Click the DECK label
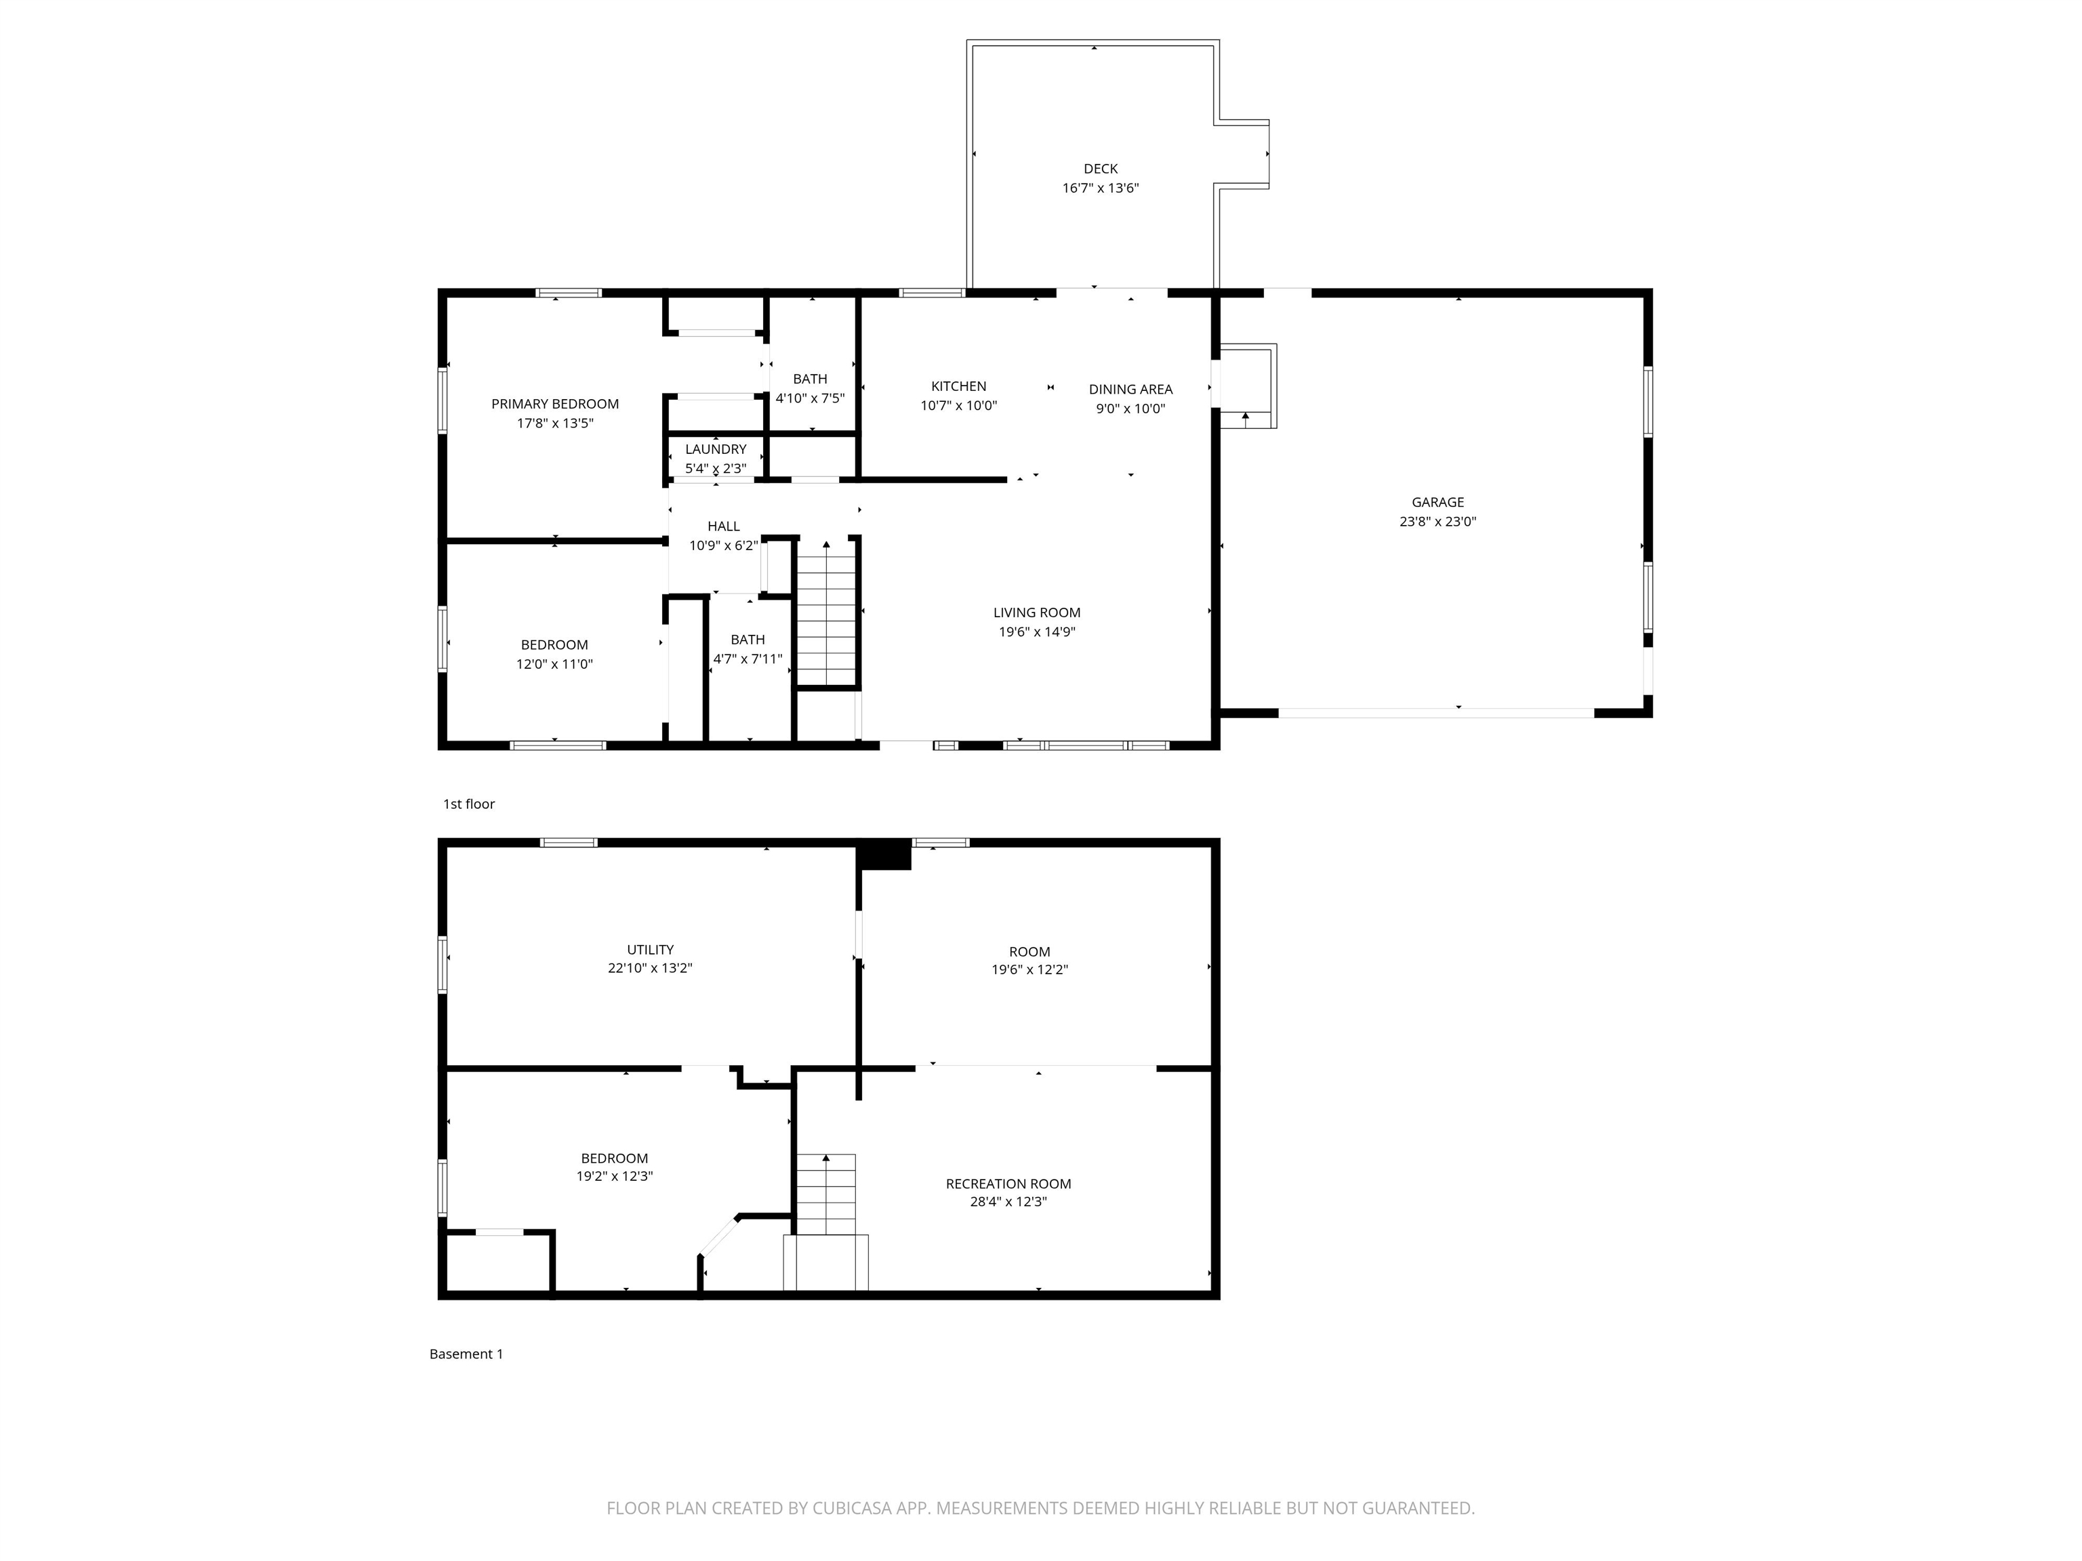[1100, 169]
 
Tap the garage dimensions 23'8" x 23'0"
[1437, 521]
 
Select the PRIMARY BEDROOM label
[554, 404]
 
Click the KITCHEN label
[958, 386]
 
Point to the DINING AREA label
[1130, 389]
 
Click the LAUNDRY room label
[715, 449]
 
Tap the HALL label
[723, 526]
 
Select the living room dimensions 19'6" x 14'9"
[1036, 631]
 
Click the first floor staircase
[826, 617]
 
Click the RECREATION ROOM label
[1008, 1184]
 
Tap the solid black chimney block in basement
[884, 854]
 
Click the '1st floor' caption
[469, 804]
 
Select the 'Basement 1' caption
[466, 1354]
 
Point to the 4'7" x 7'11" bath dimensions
[748, 659]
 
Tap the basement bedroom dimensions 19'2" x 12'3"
[613, 1176]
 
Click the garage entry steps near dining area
[1247, 387]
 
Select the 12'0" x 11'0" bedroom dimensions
[554, 663]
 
